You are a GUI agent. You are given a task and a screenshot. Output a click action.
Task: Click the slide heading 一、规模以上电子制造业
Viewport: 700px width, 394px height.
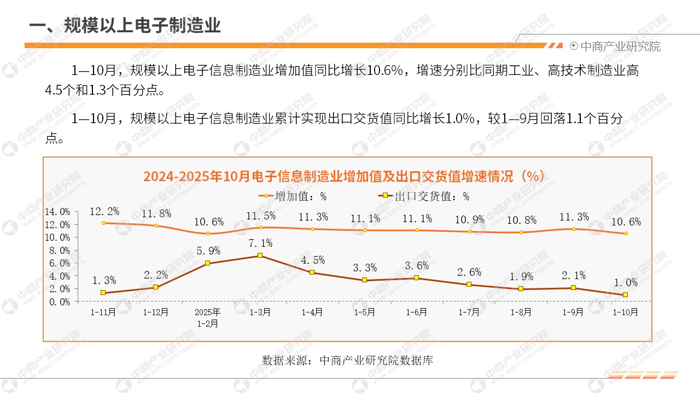pos(125,25)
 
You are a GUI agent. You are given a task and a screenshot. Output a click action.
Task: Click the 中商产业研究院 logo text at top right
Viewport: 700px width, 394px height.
pos(620,47)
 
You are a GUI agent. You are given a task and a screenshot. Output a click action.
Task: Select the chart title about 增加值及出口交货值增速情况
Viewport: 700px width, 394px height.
pos(343,176)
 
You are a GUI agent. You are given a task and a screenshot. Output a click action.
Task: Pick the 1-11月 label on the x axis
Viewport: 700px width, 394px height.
pos(103,312)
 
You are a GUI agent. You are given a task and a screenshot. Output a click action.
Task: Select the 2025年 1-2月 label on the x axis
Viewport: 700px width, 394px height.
pos(208,317)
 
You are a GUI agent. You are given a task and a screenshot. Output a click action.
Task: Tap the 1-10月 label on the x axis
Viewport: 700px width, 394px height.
pos(625,312)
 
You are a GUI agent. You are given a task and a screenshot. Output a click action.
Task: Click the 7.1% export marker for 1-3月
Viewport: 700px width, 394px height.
pos(260,256)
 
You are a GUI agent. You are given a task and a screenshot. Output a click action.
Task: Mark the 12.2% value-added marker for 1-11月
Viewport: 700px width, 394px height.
pos(103,223)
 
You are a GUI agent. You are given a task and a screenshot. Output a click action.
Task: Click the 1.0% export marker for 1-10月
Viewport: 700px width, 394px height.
pos(625,295)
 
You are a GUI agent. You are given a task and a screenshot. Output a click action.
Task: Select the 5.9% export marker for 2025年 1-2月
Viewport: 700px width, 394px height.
pos(208,263)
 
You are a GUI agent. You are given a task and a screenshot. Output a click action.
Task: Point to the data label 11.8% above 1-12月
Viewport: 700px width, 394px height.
pos(156,213)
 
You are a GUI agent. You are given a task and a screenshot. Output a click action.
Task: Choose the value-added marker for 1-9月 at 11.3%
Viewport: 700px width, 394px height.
pos(574,229)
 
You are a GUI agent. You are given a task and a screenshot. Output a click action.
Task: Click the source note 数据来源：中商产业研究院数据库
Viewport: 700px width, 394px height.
pos(348,361)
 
